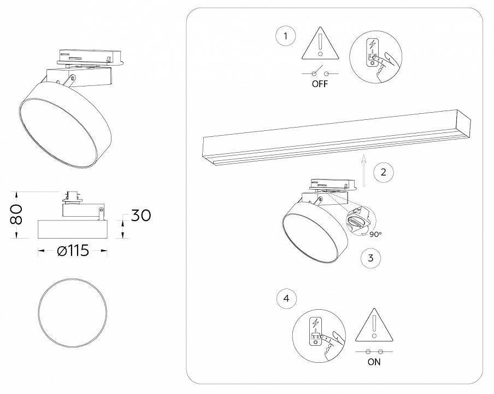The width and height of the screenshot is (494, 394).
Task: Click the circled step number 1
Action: tap(285, 37)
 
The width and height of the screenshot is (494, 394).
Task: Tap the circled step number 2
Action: tap(383, 172)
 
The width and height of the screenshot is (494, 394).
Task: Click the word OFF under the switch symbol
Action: tap(320, 85)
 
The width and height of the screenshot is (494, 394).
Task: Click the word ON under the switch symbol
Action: tap(374, 362)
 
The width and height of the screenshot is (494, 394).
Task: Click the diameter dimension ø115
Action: tap(72, 251)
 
